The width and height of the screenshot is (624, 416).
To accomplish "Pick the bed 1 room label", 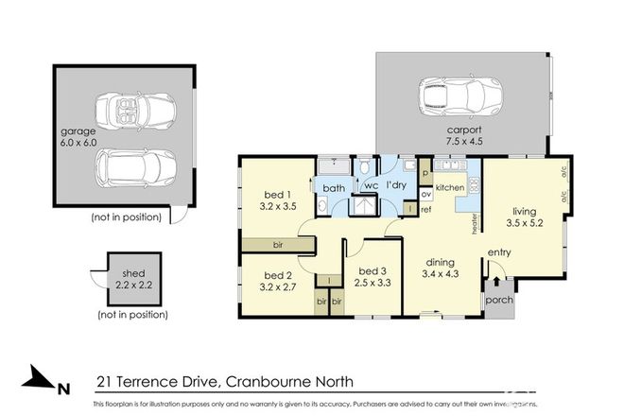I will click(278, 195).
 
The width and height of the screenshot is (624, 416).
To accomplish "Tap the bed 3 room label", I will click(370, 275).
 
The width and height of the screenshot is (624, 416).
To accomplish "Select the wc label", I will click(372, 185).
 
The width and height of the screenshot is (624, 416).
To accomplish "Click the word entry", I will click(498, 252).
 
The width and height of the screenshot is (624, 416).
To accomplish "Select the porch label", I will click(497, 302).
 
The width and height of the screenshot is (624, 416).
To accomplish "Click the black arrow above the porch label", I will click(497, 282).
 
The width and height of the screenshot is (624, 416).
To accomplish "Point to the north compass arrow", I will click(42, 382).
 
